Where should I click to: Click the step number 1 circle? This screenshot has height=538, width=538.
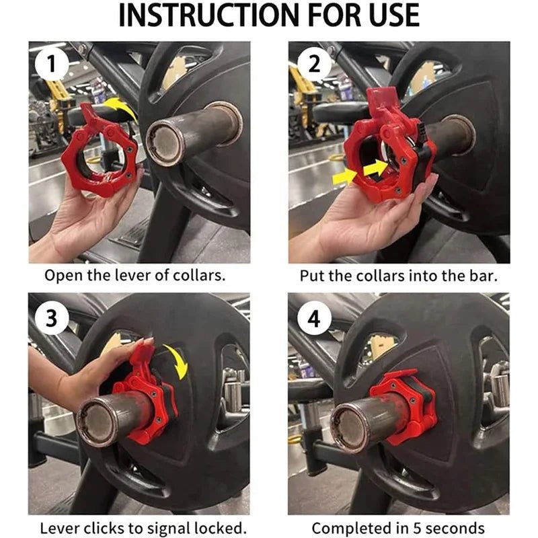[52, 64]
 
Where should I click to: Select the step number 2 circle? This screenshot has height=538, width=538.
[314, 64]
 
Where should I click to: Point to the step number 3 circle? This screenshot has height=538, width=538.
[52, 318]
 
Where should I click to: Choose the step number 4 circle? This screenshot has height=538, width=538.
[314, 318]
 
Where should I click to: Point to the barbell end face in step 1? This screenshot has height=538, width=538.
[165, 143]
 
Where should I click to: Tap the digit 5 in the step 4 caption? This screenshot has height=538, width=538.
[417, 528]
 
